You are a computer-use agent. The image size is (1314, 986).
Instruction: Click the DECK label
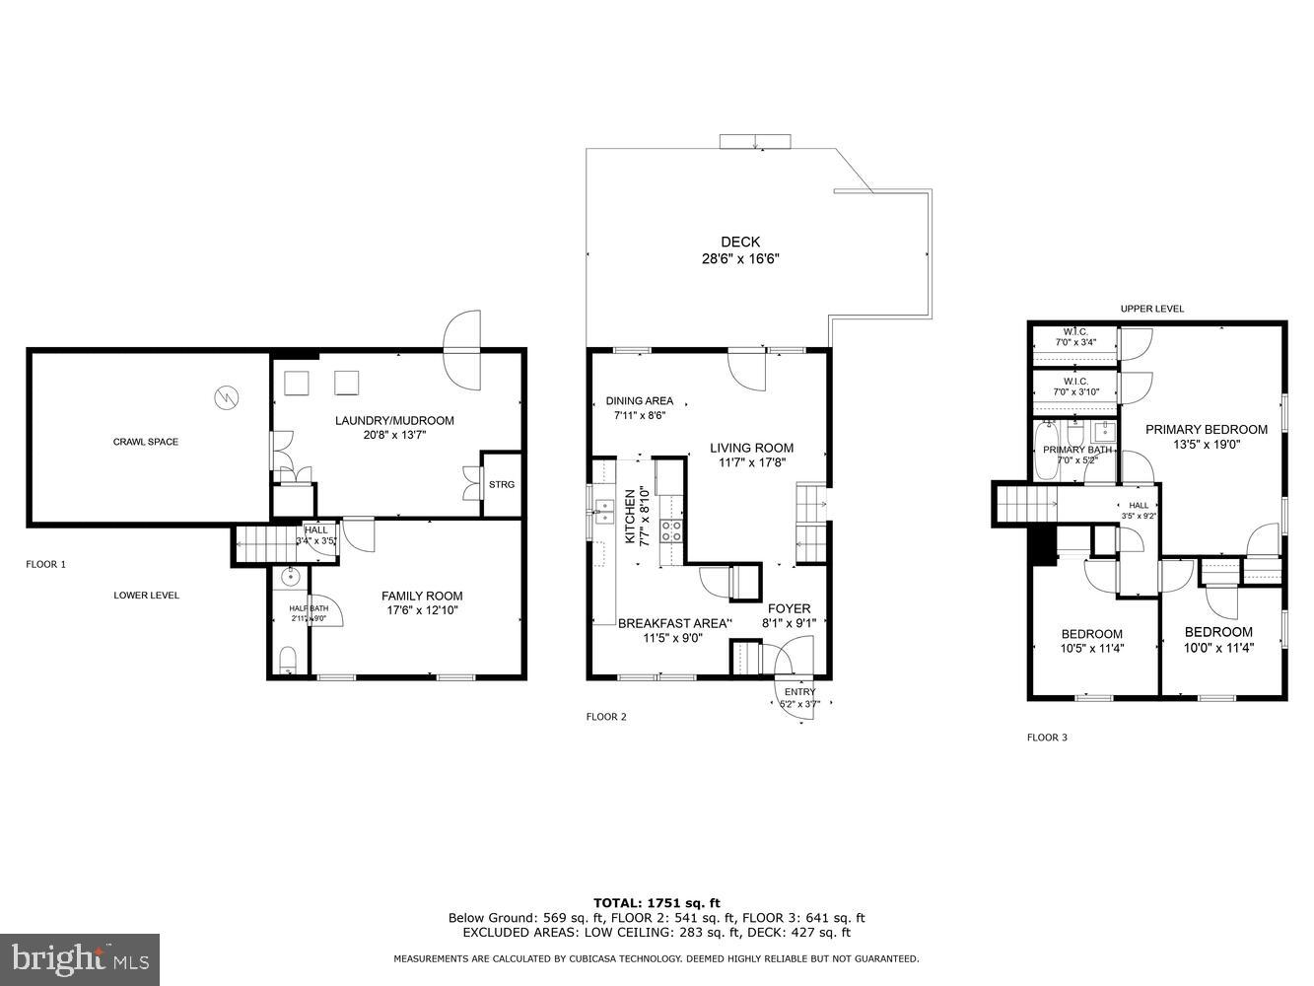coord(739,242)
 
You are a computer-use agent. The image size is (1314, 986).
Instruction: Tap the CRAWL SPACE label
coord(146,442)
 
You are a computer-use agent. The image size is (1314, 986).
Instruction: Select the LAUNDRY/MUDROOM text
coord(394,421)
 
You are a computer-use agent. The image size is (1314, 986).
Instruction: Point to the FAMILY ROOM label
coord(422,596)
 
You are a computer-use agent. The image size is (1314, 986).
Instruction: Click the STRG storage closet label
coord(502,484)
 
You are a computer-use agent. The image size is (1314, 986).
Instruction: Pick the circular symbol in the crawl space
coord(226,397)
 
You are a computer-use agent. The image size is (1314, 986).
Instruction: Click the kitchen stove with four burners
coord(671,531)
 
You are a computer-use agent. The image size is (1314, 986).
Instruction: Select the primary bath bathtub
coord(1046,450)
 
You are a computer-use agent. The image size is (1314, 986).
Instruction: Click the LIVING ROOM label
coord(751,448)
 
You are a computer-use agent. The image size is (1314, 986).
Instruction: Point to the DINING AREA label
coord(639,400)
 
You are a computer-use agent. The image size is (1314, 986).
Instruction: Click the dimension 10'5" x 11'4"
coord(1091,649)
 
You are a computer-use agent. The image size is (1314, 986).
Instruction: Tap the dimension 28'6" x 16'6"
coord(739,259)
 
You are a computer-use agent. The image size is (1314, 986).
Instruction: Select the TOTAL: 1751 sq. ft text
coord(657,902)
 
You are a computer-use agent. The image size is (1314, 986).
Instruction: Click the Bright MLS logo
coord(81,957)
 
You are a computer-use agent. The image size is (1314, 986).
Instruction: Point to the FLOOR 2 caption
coord(606,717)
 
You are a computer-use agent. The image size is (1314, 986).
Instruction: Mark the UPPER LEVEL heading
coord(1151,309)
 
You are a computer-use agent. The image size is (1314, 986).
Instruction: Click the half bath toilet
coord(288,659)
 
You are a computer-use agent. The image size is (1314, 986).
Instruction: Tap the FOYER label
coord(789,608)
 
